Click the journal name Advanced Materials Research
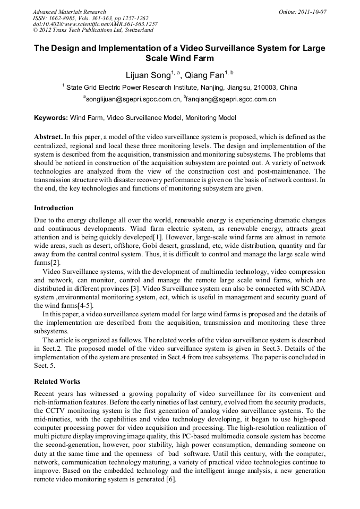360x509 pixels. tap(69, 12)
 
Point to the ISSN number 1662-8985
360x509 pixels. tap(63, 18)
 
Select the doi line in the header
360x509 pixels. tap(95, 24)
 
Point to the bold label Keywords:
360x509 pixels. tap(51, 118)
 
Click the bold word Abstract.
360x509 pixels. tap(48, 137)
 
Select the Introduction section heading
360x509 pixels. tap(54, 208)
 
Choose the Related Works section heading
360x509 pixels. tap(57, 381)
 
